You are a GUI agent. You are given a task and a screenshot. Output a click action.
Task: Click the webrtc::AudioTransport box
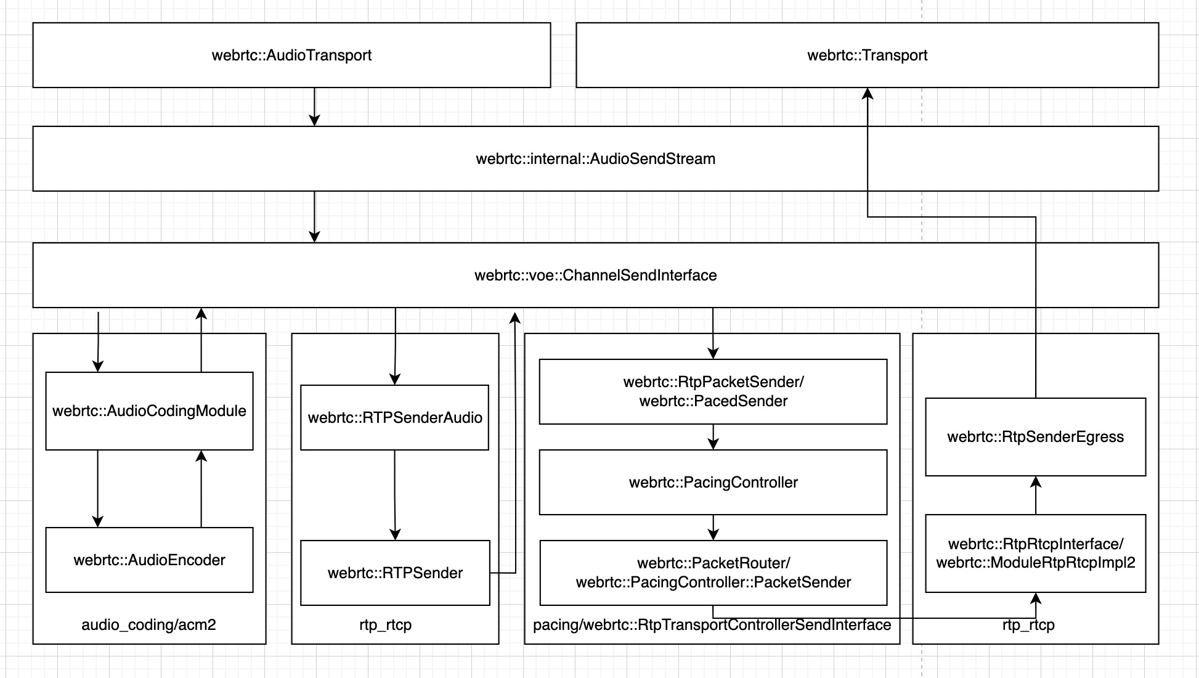tap(291, 55)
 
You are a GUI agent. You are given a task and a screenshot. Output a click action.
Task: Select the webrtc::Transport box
tap(867, 55)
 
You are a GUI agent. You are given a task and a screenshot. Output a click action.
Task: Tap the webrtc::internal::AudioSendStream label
tap(595, 159)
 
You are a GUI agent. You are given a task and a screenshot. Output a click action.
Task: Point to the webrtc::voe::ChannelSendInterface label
tap(595, 276)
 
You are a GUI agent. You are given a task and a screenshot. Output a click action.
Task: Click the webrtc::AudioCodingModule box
tap(149, 411)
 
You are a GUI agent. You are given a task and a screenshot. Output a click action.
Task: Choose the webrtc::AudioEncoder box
tap(149, 560)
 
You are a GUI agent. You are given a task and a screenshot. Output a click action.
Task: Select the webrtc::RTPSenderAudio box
tap(394, 418)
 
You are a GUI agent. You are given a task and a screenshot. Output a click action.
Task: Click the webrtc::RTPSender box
tap(394, 573)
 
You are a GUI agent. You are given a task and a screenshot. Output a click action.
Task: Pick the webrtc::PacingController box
tap(713, 483)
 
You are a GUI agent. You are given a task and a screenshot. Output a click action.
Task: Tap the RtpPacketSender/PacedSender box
tap(713, 392)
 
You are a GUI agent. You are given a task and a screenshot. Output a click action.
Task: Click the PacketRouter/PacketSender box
tap(713, 573)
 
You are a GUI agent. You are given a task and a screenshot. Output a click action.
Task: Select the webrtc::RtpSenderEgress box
tap(1035, 437)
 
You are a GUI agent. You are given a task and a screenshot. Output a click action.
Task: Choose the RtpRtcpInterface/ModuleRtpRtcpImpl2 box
tap(1035, 553)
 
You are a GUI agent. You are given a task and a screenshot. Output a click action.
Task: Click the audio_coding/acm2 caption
tap(148, 625)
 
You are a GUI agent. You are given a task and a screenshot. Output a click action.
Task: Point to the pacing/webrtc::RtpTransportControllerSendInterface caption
tap(712, 625)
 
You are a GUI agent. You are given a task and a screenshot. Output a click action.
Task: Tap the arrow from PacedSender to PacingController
tap(713, 437)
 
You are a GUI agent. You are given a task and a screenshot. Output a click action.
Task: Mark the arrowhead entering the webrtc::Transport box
tap(868, 94)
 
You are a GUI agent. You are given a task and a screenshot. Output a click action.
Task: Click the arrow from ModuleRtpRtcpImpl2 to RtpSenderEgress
tap(1036, 496)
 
